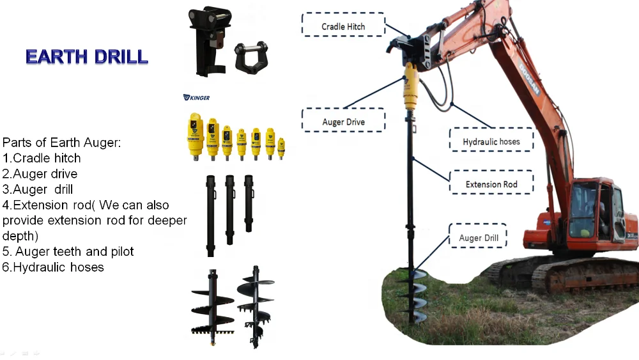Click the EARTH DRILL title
pyautogui.click(x=87, y=56)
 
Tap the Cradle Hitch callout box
pyautogui.click(x=343, y=26)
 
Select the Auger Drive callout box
pyautogui.click(x=343, y=121)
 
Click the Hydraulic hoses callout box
pyautogui.click(x=491, y=141)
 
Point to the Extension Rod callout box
pyautogui.click(x=491, y=185)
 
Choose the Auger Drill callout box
pyautogui.click(x=479, y=239)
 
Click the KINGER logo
pyautogui.click(x=197, y=98)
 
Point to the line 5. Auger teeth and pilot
pyautogui.click(x=68, y=251)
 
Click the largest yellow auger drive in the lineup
pyautogui.click(x=195, y=135)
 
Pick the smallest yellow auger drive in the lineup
pyautogui.click(x=281, y=148)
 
